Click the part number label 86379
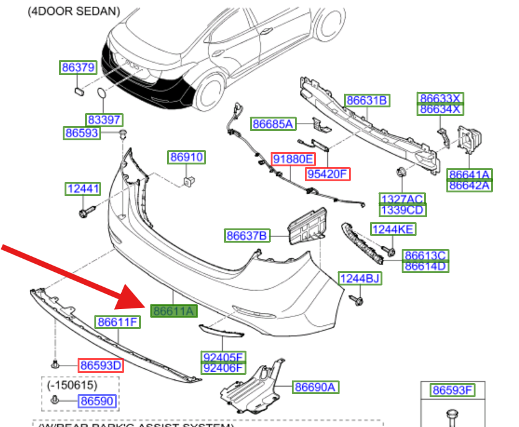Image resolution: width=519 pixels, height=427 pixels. click(78, 68)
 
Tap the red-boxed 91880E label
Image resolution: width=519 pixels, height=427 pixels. click(294, 158)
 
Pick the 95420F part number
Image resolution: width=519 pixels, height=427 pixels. click(328, 174)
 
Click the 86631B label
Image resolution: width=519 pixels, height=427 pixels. click(367, 100)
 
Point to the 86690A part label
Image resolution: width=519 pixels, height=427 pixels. click(315, 387)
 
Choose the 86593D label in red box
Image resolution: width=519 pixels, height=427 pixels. click(100, 366)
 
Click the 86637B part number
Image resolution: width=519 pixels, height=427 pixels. click(246, 235)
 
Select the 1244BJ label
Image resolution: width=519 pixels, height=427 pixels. click(359, 279)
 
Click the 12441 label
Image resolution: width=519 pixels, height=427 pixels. click(83, 188)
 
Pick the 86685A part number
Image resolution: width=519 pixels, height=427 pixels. click(272, 124)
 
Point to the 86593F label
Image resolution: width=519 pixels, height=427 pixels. click(453, 390)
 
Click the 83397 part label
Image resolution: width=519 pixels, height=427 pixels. click(104, 120)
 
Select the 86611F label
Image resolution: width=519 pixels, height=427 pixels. click(117, 322)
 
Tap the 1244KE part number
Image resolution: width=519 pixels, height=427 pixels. click(393, 229)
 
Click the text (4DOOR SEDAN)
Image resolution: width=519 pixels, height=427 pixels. click(74, 11)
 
